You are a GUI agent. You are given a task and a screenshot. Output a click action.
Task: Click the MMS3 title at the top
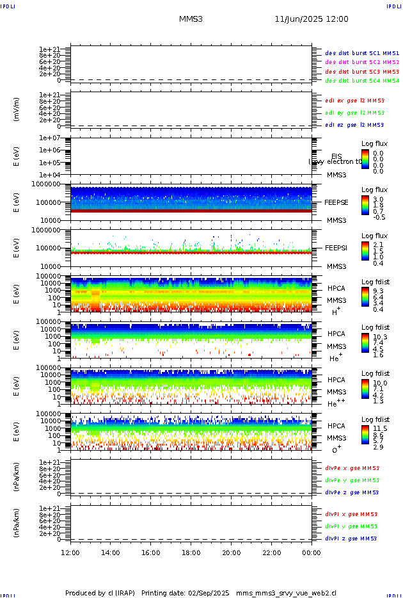(191, 19)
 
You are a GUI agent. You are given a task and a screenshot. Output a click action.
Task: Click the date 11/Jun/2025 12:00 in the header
(312, 19)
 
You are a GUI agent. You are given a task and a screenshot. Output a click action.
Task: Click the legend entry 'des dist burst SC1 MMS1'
(362, 53)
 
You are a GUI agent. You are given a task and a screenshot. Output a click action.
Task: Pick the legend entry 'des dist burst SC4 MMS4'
(362, 81)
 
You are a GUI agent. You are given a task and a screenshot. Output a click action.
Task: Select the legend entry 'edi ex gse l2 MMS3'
(354, 101)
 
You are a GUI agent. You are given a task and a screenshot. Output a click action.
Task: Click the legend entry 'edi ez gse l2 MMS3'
(354, 125)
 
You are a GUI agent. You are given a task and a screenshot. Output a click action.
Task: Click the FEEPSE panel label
(336, 202)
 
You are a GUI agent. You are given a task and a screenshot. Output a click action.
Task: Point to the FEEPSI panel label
(336, 247)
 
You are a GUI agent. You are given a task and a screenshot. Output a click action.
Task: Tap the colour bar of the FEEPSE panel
(365, 205)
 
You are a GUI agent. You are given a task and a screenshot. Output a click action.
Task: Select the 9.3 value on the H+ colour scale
(378, 291)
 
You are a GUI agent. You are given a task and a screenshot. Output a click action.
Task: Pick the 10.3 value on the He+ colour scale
(379, 337)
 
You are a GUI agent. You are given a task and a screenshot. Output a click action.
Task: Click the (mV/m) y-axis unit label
(17, 109)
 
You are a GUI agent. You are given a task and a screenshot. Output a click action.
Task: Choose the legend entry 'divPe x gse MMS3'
(352, 468)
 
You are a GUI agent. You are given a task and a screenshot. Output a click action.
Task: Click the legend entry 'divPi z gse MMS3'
(352, 538)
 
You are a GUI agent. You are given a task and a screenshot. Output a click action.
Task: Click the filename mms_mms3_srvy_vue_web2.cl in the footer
(286, 594)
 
